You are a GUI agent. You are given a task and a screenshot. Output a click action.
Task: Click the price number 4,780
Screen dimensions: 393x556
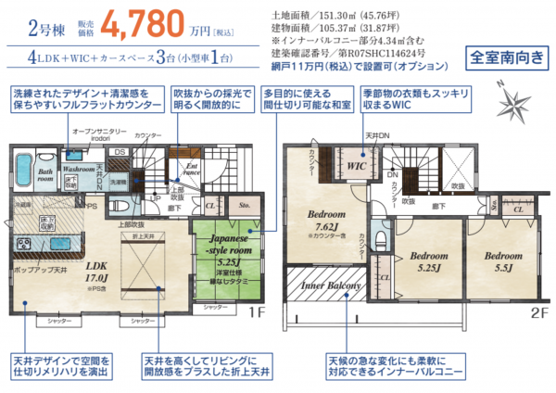point(143,28)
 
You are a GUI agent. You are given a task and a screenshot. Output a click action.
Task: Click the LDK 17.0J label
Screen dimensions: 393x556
point(96,269)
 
